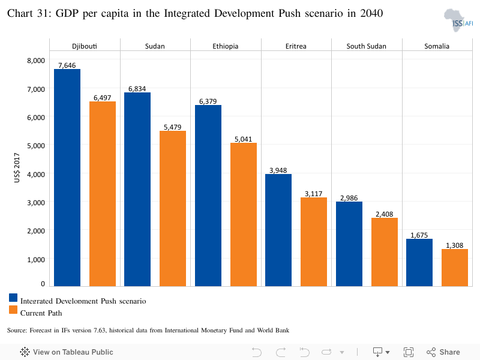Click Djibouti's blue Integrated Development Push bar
click(67, 178)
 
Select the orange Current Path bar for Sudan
click(173, 208)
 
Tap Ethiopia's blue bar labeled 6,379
click(208, 196)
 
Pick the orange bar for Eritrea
click(314, 242)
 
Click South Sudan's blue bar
click(349, 244)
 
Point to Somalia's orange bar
click(455, 268)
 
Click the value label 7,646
click(67, 65)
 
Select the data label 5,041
click(244, 139)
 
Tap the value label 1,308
click(455, 245)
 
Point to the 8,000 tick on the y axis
click(36, 61)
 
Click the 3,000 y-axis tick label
click(36, 203)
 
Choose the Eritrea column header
click(296, 46)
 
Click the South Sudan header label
click(366, 46)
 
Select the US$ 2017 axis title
click(17, 168)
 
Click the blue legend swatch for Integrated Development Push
click(13, 298)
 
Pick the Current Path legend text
click(41, 313)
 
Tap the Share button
click(443, 352)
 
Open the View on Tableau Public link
click(67, 352)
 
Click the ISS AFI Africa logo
click(458, 20)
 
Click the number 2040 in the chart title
click(371, 13)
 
